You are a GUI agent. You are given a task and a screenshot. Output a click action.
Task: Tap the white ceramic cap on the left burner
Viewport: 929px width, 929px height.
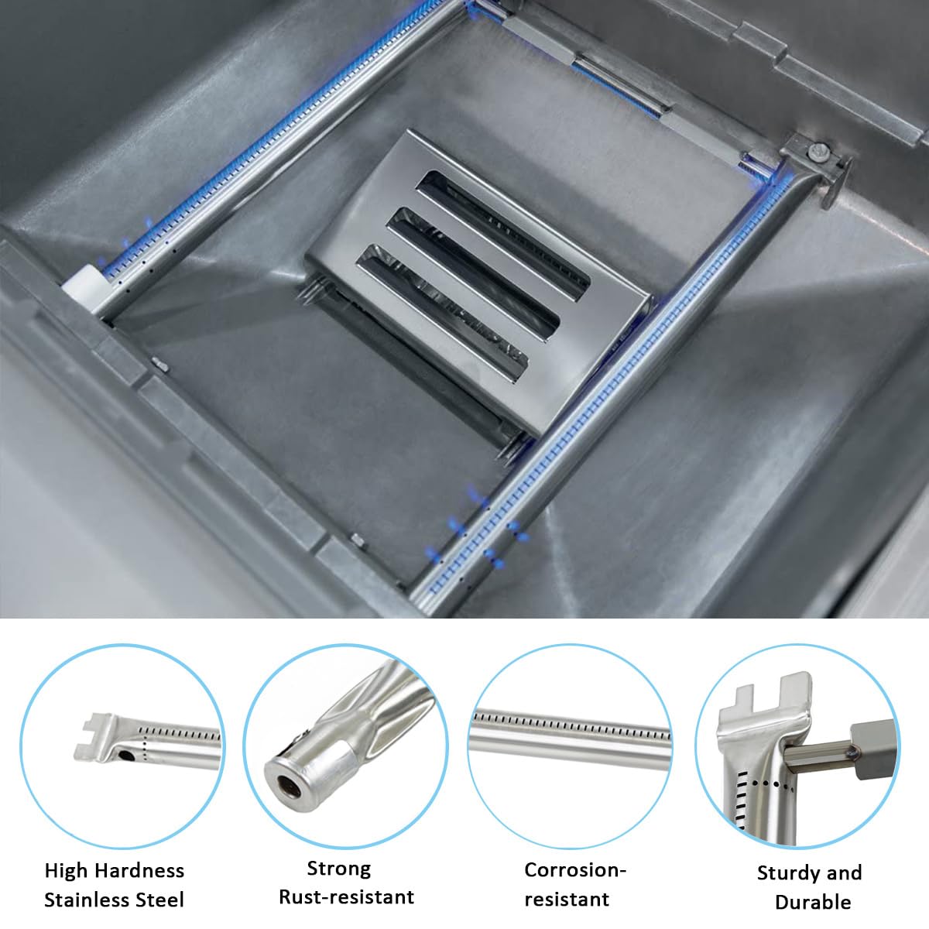coord(83,289)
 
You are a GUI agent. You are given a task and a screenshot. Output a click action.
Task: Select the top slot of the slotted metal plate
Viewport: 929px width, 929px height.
coord(503,235)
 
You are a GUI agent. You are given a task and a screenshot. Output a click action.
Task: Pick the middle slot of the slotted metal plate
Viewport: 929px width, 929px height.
coord(473,274)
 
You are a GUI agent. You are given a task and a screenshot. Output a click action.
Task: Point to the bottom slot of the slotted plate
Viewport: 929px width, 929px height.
coord(442,313)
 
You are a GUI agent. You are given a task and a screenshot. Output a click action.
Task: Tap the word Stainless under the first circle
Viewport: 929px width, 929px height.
coord(85,900)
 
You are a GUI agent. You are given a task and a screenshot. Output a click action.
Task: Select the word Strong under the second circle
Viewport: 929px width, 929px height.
coord(339,868)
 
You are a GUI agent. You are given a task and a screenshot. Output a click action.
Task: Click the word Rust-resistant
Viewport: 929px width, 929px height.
coord(347,896)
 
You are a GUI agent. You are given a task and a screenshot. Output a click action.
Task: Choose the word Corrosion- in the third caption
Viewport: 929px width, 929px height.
coord(575,869)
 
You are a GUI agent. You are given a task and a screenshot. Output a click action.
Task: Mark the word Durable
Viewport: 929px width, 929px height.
coord(814,902)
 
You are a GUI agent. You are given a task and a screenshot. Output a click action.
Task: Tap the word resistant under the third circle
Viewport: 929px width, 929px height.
coord(567,899)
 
